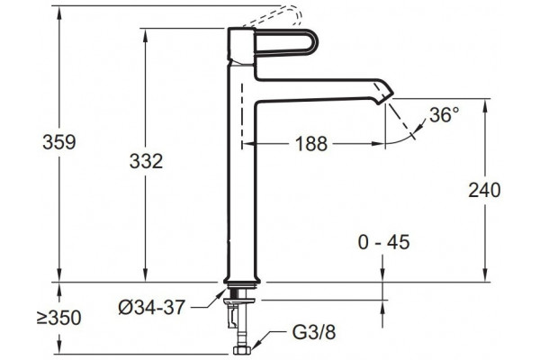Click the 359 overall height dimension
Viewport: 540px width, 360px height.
tap(58, 142)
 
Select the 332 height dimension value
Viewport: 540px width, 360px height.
tap(146, 161)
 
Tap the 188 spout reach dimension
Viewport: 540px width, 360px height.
tap(311, 144)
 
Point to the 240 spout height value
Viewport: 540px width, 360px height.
tap(484, 190)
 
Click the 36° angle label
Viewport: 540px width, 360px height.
tap(445, 114)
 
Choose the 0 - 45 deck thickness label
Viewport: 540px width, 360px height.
tap(384, 242)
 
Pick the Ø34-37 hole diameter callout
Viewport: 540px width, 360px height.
tap(152, 307)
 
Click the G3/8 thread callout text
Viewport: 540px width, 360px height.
tap(314, 332)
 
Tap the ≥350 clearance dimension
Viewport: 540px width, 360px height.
tap(58, 318)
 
